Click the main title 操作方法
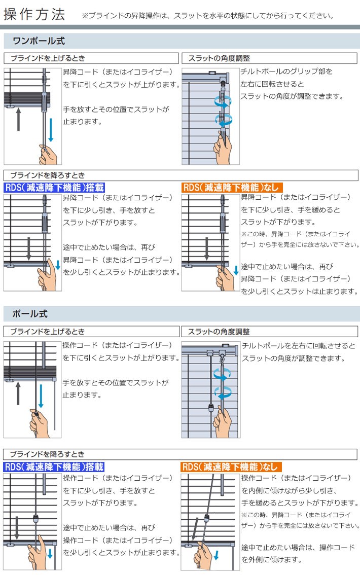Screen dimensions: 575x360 (34, 14)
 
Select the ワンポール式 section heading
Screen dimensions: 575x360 (39, 41)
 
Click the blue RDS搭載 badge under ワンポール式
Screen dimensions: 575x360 (54, 187)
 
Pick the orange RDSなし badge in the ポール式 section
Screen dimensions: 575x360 (231, 466)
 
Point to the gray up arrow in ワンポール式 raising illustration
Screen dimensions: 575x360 (18, 118)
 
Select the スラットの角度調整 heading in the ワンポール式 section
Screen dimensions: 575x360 (219, 58)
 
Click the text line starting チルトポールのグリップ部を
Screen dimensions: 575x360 (287, 71)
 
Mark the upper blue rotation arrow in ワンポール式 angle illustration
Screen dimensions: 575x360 (223, 100)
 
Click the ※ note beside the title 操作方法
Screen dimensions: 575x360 (207, 16)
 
